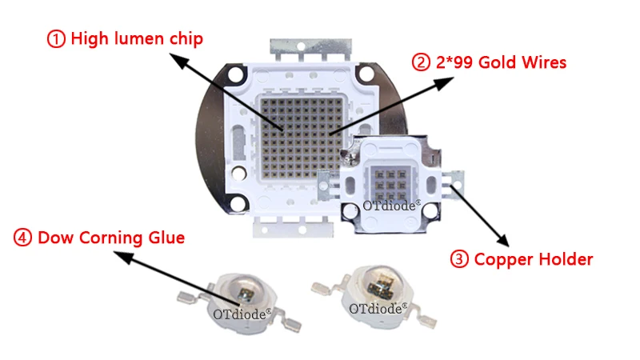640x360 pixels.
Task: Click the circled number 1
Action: click(x=57, y=38)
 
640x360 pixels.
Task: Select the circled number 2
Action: click(x=422, y=62)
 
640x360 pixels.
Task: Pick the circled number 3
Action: click(x=460, y=258)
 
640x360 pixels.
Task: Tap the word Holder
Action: click(x=565, y=259)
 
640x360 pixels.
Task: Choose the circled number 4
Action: click(x=24, y=238)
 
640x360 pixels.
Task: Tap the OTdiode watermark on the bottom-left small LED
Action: click(x=242, y=314)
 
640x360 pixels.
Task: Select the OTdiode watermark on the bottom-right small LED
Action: click(x=378, y=307)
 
